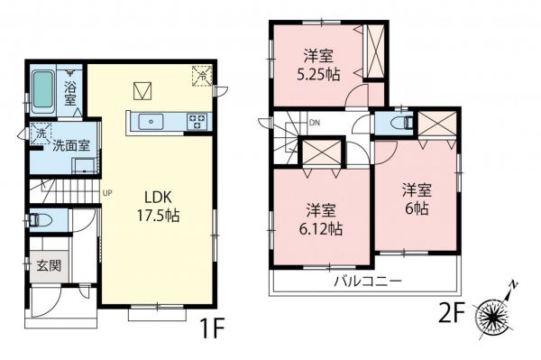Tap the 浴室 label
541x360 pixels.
point(71,92)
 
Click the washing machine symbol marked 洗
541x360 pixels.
point(39,134)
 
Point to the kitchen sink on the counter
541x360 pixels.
point(150,119)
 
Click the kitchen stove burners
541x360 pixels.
point(198,119)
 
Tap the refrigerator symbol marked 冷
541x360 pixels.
point(200,77)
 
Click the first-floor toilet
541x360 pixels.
point(41,219)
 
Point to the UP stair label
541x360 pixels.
point(107,192)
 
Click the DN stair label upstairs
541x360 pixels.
point(314,123)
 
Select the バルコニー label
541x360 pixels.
point(369,281)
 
